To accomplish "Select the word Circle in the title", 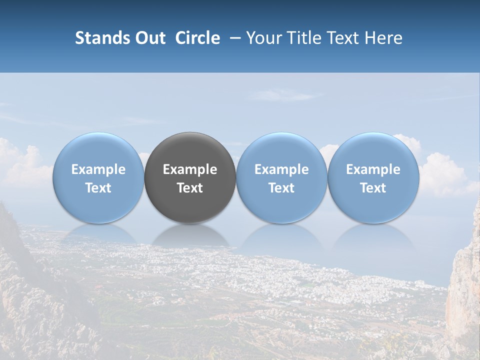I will click(197, 38).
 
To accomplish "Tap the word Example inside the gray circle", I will click(190, 169).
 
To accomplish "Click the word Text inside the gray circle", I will click(190, 188).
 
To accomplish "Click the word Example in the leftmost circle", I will click(98, 169).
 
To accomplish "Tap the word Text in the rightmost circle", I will click(373, 188).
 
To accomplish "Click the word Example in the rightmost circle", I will click(373, 169).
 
